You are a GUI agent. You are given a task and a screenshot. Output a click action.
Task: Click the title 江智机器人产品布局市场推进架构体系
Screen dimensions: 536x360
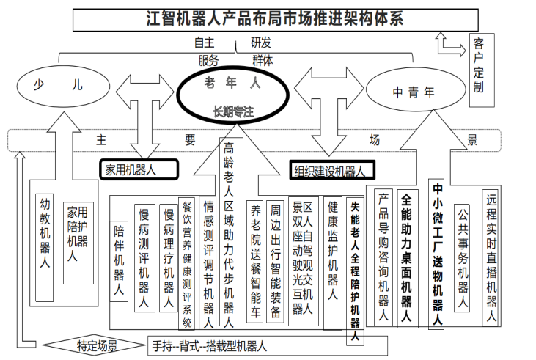point(275,20)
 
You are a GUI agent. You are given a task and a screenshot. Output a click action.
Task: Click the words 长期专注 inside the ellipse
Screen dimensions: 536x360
point(233,111)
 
